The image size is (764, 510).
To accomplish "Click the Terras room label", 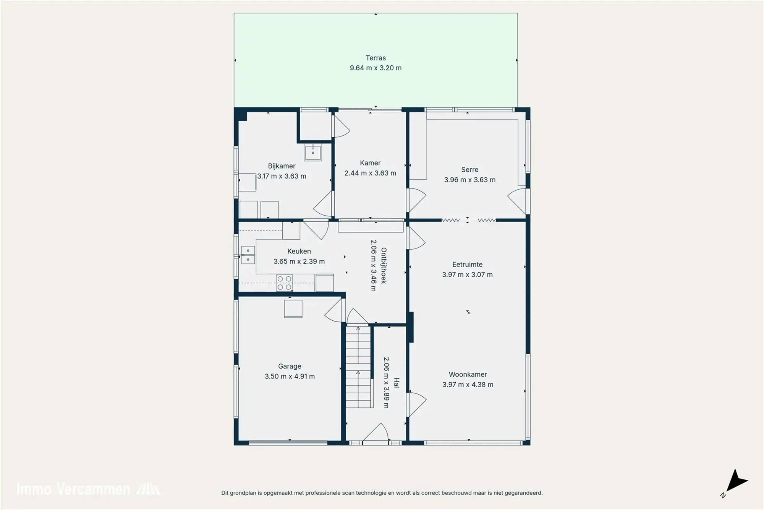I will click(x=376, y=58).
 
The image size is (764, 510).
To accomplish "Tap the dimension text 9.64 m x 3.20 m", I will click(x=376, y=68).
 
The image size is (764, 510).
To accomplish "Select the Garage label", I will click(x=290, y=366).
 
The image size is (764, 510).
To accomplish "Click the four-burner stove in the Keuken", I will click(x=284, y=283).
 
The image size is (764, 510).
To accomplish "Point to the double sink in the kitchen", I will click(x=248, y=255).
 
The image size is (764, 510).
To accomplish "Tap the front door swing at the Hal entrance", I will click(x=376, y=433).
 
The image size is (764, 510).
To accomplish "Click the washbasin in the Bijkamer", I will click(x=313, y=152).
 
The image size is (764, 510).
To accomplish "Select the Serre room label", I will click(x=469, y=170).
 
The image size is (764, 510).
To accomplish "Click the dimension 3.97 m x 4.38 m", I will click(x=468, y=385).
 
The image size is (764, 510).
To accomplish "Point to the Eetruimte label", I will click(x=467, y=265).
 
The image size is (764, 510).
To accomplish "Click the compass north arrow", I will click(x=736, y=482).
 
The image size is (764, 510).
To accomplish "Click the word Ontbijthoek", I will click(x=384, y=265).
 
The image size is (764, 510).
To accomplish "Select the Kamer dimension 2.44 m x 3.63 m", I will click(x=370, y=173).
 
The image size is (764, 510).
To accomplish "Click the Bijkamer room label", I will click(x=282, y=166).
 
